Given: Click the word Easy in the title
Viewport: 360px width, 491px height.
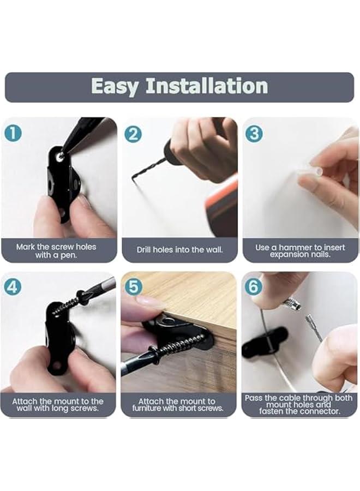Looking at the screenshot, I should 115,86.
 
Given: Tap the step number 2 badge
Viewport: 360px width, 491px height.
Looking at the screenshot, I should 133,134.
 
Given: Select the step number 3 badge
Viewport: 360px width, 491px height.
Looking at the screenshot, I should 254,134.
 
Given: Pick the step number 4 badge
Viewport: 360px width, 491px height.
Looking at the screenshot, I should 13,286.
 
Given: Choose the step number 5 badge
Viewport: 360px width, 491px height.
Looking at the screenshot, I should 133,286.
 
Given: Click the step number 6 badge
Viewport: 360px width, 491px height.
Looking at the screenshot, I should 254,286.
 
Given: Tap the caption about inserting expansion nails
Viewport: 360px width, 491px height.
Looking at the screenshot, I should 300,250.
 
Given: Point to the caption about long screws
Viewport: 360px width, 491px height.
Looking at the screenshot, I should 58,405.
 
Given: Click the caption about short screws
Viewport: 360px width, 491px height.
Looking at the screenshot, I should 178,405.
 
